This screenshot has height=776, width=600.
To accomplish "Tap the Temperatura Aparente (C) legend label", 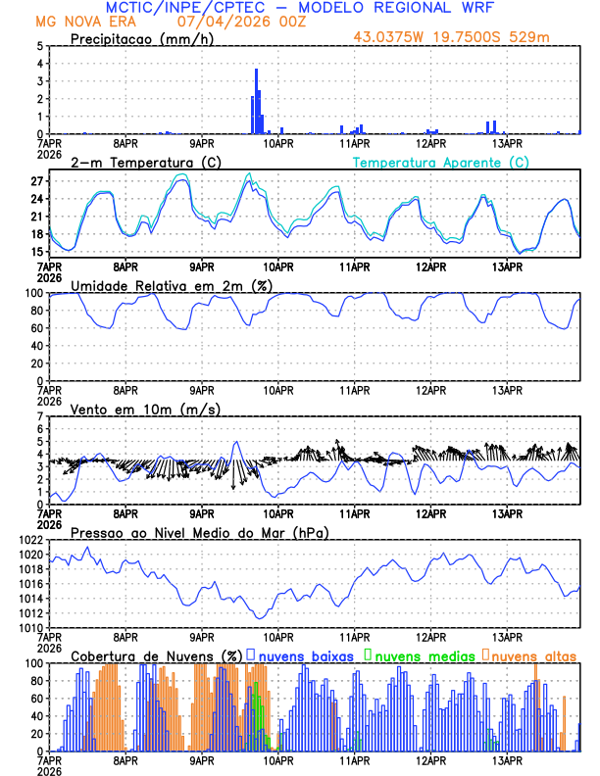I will click(441, 162).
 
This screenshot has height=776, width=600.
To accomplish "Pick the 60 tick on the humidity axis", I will click(36, 328).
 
